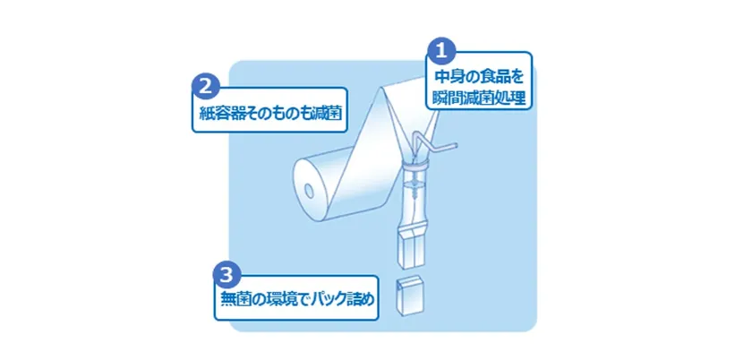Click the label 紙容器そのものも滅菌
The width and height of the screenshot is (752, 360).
pyautogui.click(x=270, y=115)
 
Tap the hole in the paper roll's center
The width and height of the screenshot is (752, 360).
pyautogui.click(x=308, y=191)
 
